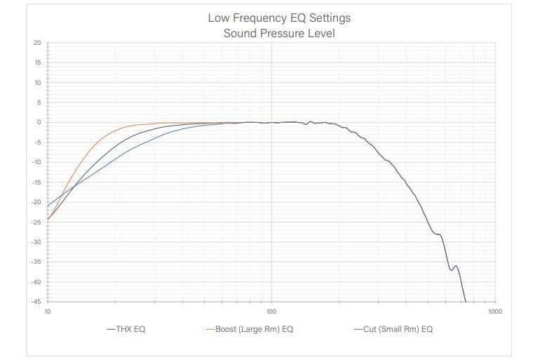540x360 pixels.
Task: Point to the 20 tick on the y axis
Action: click(37, 43)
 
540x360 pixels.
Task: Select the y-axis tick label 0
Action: click(39, 123)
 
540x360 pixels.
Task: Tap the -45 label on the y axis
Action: click(36, 302)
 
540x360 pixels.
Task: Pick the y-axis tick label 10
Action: click(37, 83)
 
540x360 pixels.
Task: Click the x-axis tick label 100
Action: click(271, 310)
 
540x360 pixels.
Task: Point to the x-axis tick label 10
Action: click(48, 310)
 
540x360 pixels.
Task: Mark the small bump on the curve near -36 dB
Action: click(456, 266)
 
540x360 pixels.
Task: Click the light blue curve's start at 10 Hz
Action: click(48, 206)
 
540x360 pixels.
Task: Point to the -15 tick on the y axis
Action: click(36, 182)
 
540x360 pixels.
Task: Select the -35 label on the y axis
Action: click(36, 262)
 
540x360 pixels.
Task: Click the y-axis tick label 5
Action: click(39, 102)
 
